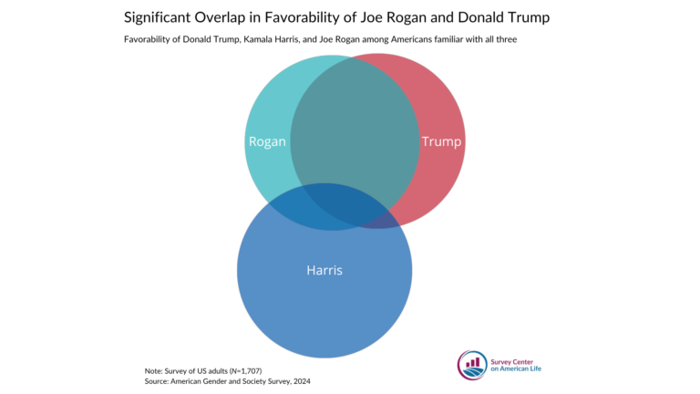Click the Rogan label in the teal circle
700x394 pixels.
[x=267, y=141]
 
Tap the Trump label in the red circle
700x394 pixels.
[x=441, y=141]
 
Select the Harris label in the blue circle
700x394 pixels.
[x=324, y=270]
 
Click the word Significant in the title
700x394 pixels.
[x=156, y=17]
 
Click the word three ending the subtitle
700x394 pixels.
[x=506, y=39]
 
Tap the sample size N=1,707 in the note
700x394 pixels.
[x=245, y=371]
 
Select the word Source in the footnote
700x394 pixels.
[x=156, y=381]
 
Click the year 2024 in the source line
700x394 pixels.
[x=302, y=381]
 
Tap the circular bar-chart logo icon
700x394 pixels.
[x=472, y=365]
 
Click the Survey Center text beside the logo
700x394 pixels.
[x=511, y=362]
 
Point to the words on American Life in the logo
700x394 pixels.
[x=516, y=368]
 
